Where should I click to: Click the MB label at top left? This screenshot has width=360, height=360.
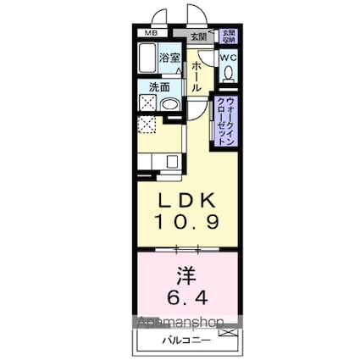149,34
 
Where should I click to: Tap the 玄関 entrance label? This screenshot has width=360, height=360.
197,37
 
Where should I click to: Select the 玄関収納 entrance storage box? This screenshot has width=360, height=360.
228,36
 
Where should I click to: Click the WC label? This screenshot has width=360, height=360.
229,57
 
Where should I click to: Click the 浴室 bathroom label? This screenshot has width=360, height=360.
169,58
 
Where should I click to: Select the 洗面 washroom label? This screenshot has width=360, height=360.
159,86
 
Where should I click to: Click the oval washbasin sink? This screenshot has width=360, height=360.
169,104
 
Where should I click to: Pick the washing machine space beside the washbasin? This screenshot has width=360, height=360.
145,103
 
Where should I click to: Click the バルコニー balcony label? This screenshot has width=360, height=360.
181,341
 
